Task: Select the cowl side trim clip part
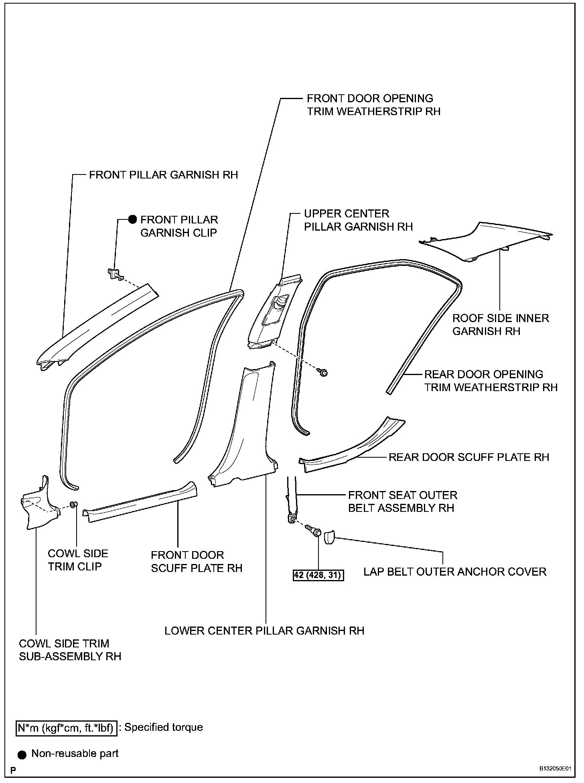point(73,504)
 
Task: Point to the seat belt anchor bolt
point(314,531)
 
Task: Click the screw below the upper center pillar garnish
point(323,373)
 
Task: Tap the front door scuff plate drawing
point(140,501)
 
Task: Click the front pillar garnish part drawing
point(96,325)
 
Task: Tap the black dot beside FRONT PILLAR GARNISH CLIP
point(132,220)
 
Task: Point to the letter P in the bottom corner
point(13,770)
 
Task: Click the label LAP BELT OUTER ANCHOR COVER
point(455,572)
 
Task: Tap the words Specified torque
point(164,727)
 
